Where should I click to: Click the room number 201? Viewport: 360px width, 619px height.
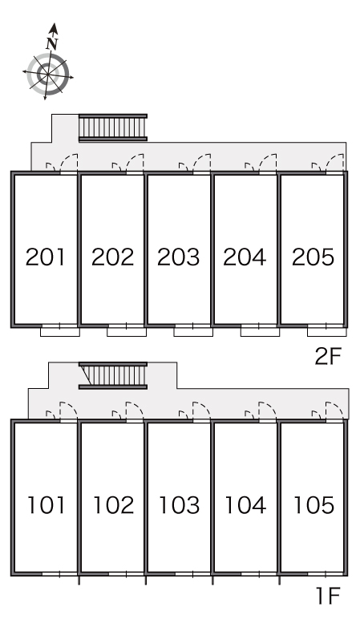[45, 257]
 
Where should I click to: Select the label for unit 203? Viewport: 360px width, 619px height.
[179, 257]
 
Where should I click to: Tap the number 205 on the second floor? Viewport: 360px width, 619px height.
[313, 257]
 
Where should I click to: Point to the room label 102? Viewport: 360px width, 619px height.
[114, 505]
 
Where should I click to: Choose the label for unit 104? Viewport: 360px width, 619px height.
[245, 505]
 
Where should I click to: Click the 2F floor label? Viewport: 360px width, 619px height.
[328, 357]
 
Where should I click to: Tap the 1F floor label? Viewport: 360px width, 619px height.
[329, 596]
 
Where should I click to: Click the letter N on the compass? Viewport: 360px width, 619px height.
[51, 44]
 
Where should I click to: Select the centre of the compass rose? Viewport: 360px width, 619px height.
[48, 74]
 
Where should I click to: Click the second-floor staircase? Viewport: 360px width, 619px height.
[113, 127]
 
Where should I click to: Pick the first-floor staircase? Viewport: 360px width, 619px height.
[113, 375]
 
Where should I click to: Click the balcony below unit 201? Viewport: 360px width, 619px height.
[60, 332]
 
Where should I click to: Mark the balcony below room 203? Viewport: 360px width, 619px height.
[193, 332]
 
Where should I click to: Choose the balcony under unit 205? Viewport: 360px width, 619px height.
[327, 332]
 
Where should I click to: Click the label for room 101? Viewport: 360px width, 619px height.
[47, 505]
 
